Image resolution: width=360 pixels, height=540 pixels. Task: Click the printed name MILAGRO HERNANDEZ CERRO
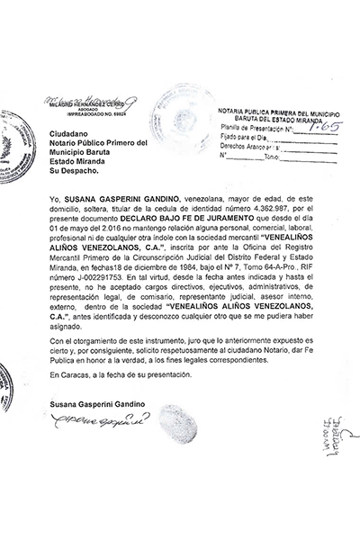point(84,105)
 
